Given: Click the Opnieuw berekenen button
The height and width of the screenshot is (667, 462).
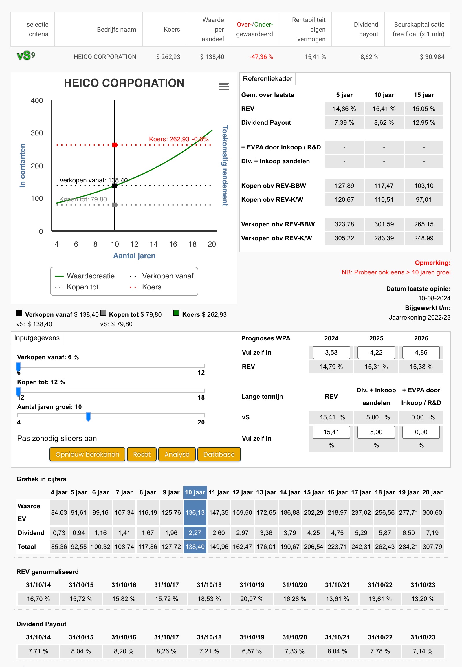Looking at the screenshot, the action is pyautogui.click(x=87, y=454).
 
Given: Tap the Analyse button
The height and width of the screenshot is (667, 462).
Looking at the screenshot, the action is pyautogui.click(x=177, y=454).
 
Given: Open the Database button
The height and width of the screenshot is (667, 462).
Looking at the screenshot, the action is pyautogui.click(x=219, y=454).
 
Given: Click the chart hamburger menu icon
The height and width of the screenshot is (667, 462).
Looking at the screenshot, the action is pyautogui.click(x=224, y=86).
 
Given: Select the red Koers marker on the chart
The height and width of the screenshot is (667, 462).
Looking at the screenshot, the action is pyautogui.click(x=115, y=145).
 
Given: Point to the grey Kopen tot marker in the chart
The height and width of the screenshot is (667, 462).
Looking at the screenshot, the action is pyautogui.click(x=115, y=205).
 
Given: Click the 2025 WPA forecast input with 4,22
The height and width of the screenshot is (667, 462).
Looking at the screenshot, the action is pyautogui.click(x=376, y=352).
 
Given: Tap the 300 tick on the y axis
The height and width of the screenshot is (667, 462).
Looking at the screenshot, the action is pyautogui.click(x=37, y=133).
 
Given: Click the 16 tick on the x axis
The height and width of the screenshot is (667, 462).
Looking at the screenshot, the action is pyautogui.click(x=173, y=244).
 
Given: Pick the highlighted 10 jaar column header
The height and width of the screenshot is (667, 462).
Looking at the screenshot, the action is pyautogui.click(x=195, y=492).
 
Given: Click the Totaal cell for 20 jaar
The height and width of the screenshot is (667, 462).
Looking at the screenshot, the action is pyautogui.click(x=432, y=547).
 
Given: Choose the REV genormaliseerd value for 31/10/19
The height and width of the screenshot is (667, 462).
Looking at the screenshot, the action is pyautogui.click(x=252, y=599).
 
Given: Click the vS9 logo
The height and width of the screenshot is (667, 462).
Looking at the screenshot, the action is pyautogui.click(x=26, y=55).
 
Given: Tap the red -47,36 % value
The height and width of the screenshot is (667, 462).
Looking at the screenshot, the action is pyautogui.click(x=261, y=57).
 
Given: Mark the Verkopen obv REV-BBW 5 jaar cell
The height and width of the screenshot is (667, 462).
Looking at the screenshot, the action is pyautogui.click(x=344, y=224).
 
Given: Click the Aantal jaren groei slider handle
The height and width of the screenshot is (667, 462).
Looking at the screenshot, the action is pyautogui.click(x=88, y=417).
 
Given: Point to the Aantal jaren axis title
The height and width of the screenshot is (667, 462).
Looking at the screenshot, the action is pyautogui.click(x=134, y=256).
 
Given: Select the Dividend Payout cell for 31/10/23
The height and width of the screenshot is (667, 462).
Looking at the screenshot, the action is pyautogui.click(x=423, y=651).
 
